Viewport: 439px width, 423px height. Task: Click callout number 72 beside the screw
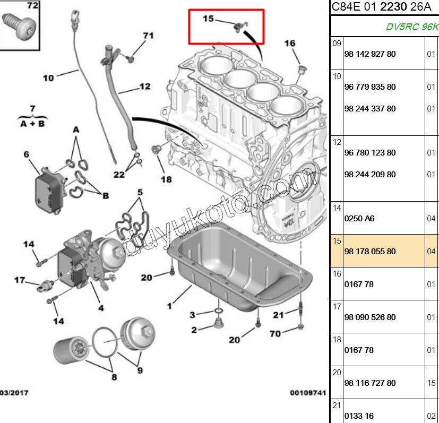(32, 6)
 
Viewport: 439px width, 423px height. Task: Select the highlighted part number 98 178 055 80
(370, 252)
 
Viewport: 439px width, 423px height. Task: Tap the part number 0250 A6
(359, 219)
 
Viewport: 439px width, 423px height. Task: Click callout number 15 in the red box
(208, 19)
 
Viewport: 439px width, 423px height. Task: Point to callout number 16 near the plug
(289, 43)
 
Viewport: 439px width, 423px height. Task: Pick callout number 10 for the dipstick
(48, 78)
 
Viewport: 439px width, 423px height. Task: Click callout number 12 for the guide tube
(145, 86)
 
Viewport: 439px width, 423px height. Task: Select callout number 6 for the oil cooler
(25, 154)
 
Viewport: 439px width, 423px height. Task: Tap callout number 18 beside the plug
(166, 179)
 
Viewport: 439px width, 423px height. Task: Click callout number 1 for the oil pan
(169, 306)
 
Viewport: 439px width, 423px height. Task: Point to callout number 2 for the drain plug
(194, 330)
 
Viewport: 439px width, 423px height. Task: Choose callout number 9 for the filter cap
(140, 370)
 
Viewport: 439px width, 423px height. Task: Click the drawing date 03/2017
(14, 393)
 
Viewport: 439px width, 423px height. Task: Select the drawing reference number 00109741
(307, 393)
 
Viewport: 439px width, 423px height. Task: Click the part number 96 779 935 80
(370, 87)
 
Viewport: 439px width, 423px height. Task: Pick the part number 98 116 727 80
(370, 383)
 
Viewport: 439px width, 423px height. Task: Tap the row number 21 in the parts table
(337, 405)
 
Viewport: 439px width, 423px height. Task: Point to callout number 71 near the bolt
(148, 36)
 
